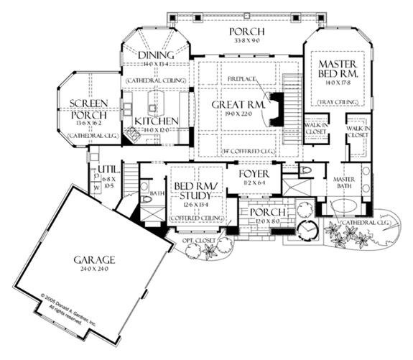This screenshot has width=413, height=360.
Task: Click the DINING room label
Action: pos(156,55)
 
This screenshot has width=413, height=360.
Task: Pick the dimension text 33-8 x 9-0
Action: pos(246,42)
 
